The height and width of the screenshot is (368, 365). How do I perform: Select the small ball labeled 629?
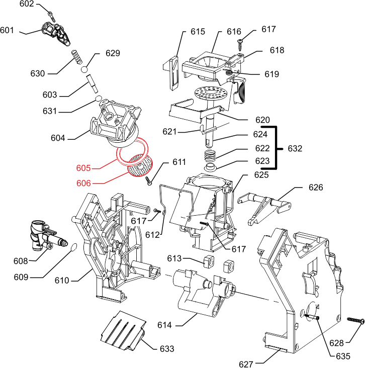coord(85,69)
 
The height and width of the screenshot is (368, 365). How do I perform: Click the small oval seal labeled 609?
coord(72,247)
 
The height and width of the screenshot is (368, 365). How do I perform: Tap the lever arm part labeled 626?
coord(264,204)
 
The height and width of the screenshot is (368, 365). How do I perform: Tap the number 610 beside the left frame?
coord(62,280)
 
